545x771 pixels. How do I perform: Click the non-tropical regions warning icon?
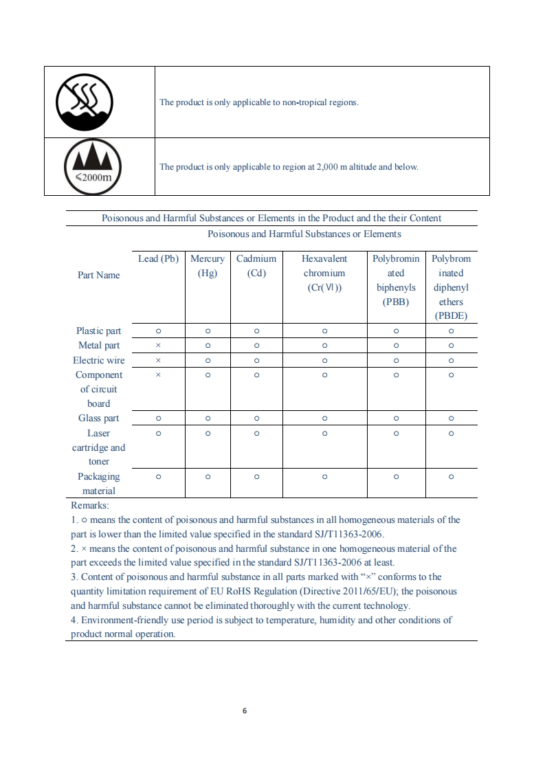pyautogui.click(x=84, y=102)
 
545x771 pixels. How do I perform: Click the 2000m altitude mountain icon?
pyautogui.click(x=93, y=166)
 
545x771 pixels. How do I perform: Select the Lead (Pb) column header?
pyautogui.click(x=158, y=259)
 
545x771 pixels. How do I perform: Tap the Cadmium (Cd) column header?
pyautogui.click(x=256, y=266)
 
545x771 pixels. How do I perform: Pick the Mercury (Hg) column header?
pyautogui.click(x=207, y=266)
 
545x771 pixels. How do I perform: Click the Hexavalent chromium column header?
pyautogui.click(x=324, y=273)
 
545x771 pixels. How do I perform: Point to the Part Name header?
pyautogui.click(x=99, y=275)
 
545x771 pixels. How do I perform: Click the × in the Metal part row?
pyautogui.click(x=158, y=346)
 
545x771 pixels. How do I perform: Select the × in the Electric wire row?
pyautogui.click(x=158, y=360)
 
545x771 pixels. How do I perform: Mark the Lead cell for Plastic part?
pyautogui.click(x=158, y=331)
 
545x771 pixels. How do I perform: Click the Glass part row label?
pyautogui.click(x=98, y=418)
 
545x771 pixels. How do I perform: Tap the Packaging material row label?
pyautogui.click(x=98, y=484)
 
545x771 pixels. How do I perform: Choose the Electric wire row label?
pyautogui.click(x=99, y=360)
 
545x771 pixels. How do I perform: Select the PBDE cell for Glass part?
pyautogui.click(x=451, y=418)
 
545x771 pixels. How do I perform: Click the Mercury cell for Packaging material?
pyautogui.click(x=207, y=476)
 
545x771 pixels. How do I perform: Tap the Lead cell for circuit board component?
pyautogui.click(x=158, y=375)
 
